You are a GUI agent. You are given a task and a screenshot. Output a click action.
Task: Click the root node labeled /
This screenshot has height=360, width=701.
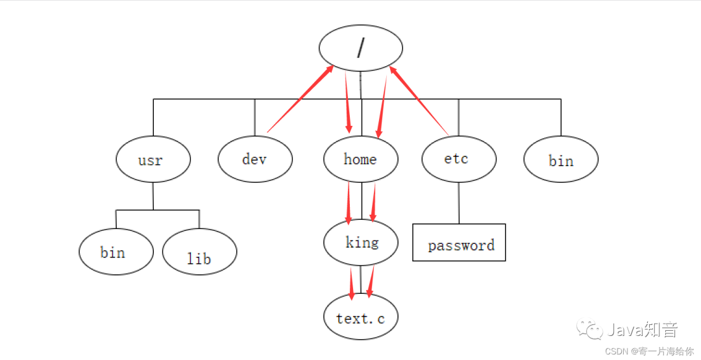click(361, 48)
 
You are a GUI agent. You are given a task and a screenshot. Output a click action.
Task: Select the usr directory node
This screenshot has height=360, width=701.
click(153, 159)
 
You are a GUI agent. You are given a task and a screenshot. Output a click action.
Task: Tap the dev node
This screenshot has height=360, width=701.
click(255, 159)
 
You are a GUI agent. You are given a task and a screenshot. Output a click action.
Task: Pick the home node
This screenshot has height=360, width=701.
click(361, 159)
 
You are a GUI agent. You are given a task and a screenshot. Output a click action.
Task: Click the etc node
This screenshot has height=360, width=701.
click(459, 158)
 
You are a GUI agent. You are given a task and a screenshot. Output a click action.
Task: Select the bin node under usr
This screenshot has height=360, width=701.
click(116, 252)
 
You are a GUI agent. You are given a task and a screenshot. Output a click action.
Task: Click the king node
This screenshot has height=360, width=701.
click(361, 243)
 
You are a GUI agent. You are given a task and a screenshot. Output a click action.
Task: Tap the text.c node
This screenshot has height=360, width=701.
click(361, 318)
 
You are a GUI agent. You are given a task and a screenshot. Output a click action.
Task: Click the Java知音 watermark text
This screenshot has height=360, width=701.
click(642, 330)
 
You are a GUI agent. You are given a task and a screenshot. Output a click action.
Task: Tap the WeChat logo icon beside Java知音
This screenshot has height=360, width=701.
click(591, 330)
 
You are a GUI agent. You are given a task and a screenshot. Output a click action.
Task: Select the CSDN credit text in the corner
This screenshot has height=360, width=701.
click(649, 351)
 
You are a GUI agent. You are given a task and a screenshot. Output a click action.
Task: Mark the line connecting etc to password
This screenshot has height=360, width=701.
click(459, 203)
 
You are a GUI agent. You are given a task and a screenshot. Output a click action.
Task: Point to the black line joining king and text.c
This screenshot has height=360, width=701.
click(361, 279)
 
